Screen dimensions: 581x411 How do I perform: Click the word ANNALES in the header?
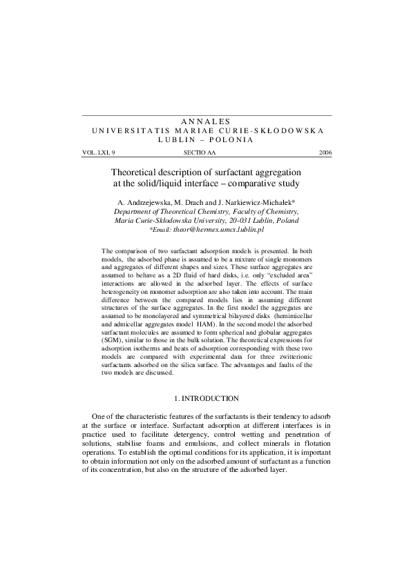coord(205,121)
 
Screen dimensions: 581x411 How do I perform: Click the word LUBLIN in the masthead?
coord(178,139)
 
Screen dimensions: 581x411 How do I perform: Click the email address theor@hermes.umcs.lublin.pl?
coord(212,227)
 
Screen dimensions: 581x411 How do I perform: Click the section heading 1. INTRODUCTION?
coord(205,398)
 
